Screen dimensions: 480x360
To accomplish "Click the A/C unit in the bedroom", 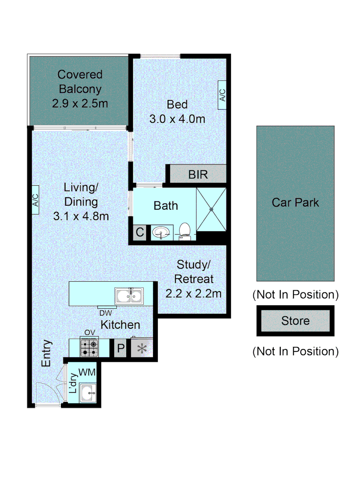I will (222, 95).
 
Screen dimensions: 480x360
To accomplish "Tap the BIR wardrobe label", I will (198, 174).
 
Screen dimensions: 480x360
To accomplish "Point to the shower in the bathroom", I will (211, 209).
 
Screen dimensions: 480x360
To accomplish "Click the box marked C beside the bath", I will (140, 232).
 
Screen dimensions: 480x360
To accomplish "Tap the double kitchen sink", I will (129, 295).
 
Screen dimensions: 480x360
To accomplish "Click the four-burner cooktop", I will (89, 348).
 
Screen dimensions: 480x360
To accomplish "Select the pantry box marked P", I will (120, 348).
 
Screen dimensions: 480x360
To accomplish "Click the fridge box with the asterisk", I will (142, 348).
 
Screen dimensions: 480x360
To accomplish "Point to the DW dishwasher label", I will (106, 312).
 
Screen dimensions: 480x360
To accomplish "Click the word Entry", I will (47, 353).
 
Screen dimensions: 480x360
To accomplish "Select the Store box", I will (295, 320).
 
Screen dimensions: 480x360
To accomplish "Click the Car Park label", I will (295, 203).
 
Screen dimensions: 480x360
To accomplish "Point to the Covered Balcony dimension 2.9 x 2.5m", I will (80, 103).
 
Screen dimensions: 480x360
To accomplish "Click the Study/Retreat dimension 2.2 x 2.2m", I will (193, 293).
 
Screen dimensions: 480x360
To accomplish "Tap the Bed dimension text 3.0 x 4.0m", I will (177, 119).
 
